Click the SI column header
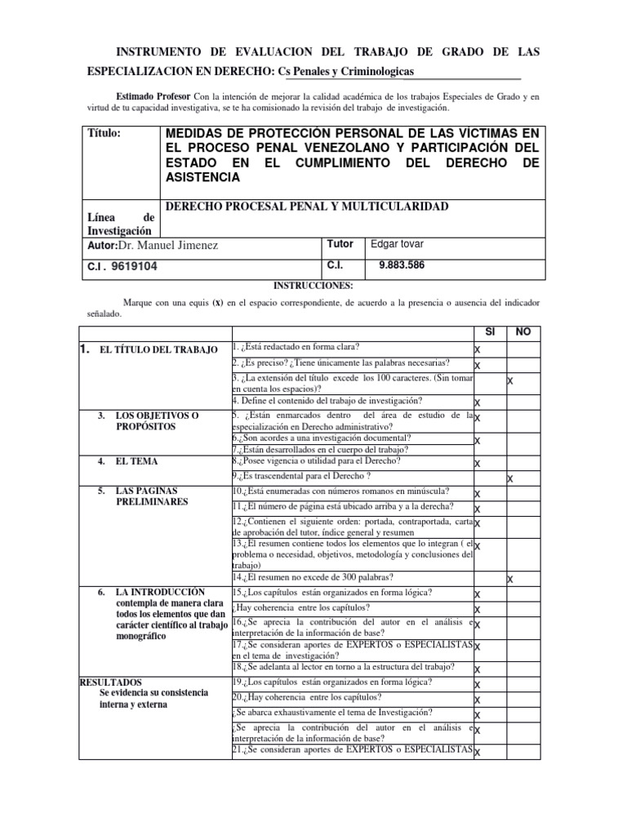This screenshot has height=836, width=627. click(x=490, y=332)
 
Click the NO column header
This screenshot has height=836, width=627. click(x=524, y=332)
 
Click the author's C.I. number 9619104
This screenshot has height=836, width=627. click(x=122, y=266)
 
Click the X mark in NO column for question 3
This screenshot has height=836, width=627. click(x=510, y=381)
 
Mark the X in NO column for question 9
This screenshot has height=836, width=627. click(x=511, y=478)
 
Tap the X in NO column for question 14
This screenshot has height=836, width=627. click(x=510, y=579)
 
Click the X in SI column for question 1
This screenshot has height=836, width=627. click(x=478, y=350)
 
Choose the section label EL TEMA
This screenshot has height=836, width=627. click(x=135, y=462)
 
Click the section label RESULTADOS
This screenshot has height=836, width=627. click(x=111, y=682)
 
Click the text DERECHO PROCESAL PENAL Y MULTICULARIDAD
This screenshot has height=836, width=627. click(x=307, y=207)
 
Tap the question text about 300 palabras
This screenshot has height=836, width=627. click(x=319, y=576)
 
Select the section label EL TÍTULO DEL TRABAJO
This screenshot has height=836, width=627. click(x=158, y=349)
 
